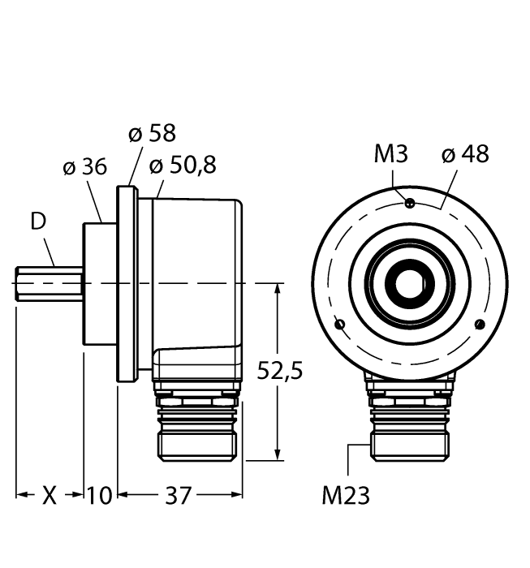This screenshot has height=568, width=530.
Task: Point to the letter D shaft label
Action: (37, 221)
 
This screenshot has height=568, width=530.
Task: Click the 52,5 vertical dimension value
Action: (279, 371)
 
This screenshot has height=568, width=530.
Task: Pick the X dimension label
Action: (50, 495)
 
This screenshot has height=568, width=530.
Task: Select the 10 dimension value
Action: (101, 495)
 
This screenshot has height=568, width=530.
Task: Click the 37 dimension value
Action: (179, 495)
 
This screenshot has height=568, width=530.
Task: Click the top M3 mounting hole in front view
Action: (410, 203)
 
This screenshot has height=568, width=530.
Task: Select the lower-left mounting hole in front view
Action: (340, 325)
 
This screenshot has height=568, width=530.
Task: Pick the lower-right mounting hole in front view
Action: (480, 325)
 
